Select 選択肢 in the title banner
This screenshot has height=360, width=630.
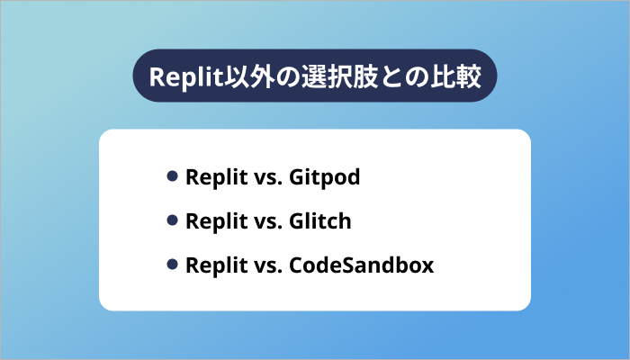tap(328, 76)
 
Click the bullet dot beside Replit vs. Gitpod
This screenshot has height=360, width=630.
tap(172, 176)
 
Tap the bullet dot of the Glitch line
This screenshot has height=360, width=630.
tap(172, 220)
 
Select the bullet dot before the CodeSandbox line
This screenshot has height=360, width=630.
tap(172, 265)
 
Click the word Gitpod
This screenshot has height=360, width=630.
tap(325, 177)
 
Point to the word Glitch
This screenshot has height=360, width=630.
tap(320, 221)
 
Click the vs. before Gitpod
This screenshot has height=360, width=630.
tap(264, 177)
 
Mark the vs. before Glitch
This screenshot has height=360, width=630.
tap(264, 221)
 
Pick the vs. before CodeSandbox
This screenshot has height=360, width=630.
tap(264, 265)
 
